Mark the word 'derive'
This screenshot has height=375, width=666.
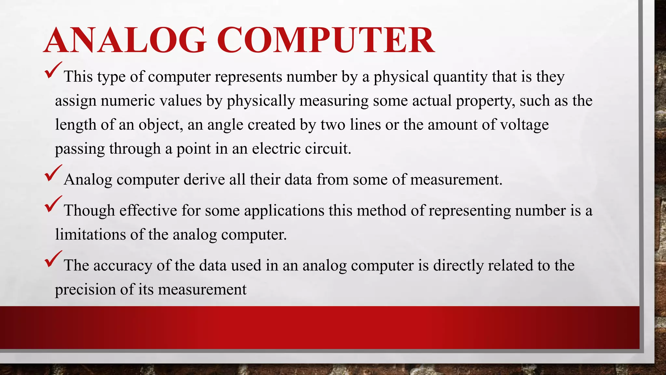[204, 179]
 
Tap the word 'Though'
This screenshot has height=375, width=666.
[89, 211]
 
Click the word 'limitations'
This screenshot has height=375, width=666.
[90, 234]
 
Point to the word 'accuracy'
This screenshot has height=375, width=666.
[123, 266]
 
